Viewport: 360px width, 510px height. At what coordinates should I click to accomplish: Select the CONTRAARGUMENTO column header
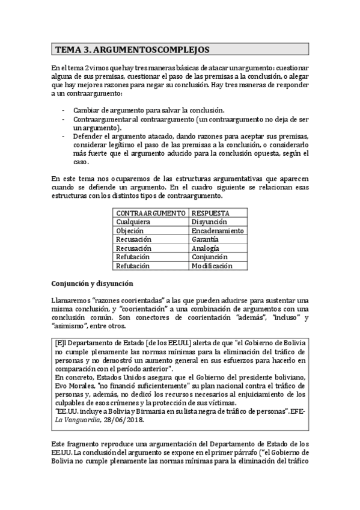coord(150,213)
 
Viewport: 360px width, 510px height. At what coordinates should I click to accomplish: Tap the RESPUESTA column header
coord(210,213)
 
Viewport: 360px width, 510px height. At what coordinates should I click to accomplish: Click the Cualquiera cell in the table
coord(133,222)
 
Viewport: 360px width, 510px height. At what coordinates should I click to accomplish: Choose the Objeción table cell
coord(130,230)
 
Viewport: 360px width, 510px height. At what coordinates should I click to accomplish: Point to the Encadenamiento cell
coord(217,230)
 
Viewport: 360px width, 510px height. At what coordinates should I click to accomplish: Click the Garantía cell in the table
coord(204,239)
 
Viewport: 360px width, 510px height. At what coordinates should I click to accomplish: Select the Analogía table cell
coord(205,248)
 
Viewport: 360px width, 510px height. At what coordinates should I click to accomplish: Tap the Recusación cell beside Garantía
coord(133,239)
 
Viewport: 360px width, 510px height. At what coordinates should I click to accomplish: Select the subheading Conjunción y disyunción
coord(92,283)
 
